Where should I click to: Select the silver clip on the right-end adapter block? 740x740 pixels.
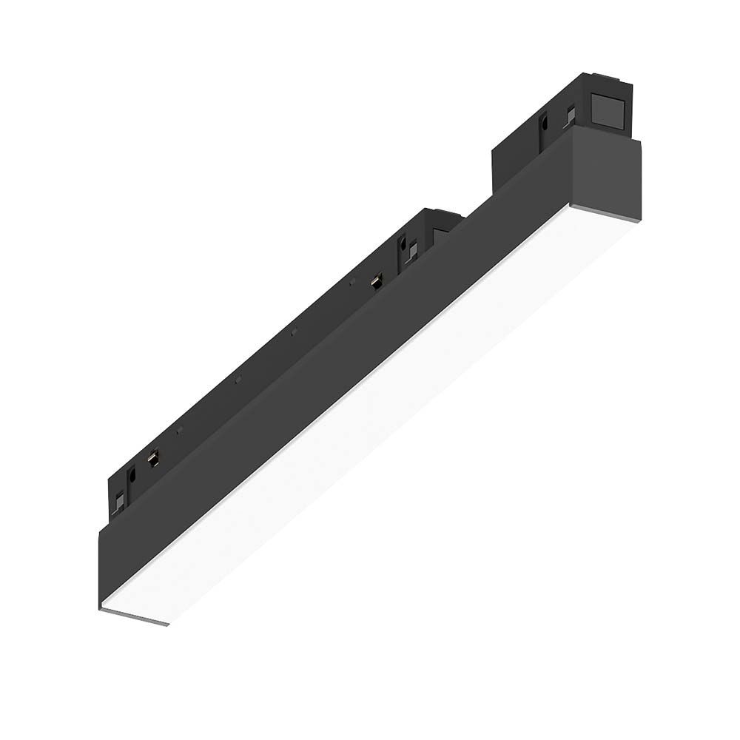click(x=570, y=113)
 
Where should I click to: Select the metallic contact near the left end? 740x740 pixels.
click(x=154, y=460)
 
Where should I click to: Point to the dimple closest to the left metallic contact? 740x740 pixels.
click(x=180, y=431)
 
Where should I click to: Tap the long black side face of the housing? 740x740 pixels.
click(x=333, y=370)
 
